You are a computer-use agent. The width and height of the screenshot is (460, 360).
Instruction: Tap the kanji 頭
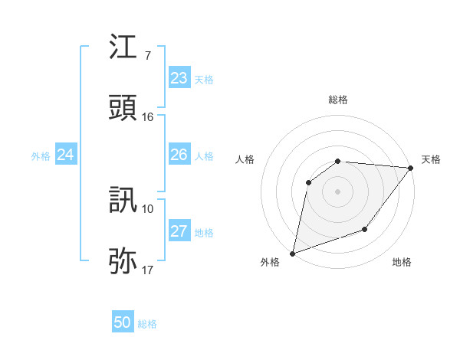(123, 109)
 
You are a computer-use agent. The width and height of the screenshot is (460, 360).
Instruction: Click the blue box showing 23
(179, 78)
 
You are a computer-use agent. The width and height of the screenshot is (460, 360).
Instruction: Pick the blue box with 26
(179, 155)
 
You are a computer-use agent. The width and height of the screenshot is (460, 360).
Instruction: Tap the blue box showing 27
(179, 231)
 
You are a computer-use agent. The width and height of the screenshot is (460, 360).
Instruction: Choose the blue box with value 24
(65, 155)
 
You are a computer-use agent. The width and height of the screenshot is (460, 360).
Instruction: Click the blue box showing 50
(122, 322)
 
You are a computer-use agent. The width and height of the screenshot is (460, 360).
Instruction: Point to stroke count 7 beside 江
(147, 56)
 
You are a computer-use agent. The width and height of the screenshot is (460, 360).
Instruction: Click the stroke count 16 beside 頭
(148, 117)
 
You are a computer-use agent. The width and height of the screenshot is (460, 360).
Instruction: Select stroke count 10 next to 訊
(148, 208)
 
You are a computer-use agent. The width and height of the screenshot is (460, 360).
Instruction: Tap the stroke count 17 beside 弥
(148, 270)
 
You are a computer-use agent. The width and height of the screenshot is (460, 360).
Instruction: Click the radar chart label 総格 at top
(337, 100)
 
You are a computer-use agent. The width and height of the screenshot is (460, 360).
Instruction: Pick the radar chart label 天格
(431, 159)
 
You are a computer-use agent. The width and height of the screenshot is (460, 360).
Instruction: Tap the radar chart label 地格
(402, 262)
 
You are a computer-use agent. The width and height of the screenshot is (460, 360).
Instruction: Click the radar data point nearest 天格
(410, 168)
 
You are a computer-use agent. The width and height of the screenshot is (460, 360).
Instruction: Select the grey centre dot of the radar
(337, 191)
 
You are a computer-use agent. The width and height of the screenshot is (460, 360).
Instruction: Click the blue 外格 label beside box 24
(41, 155)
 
